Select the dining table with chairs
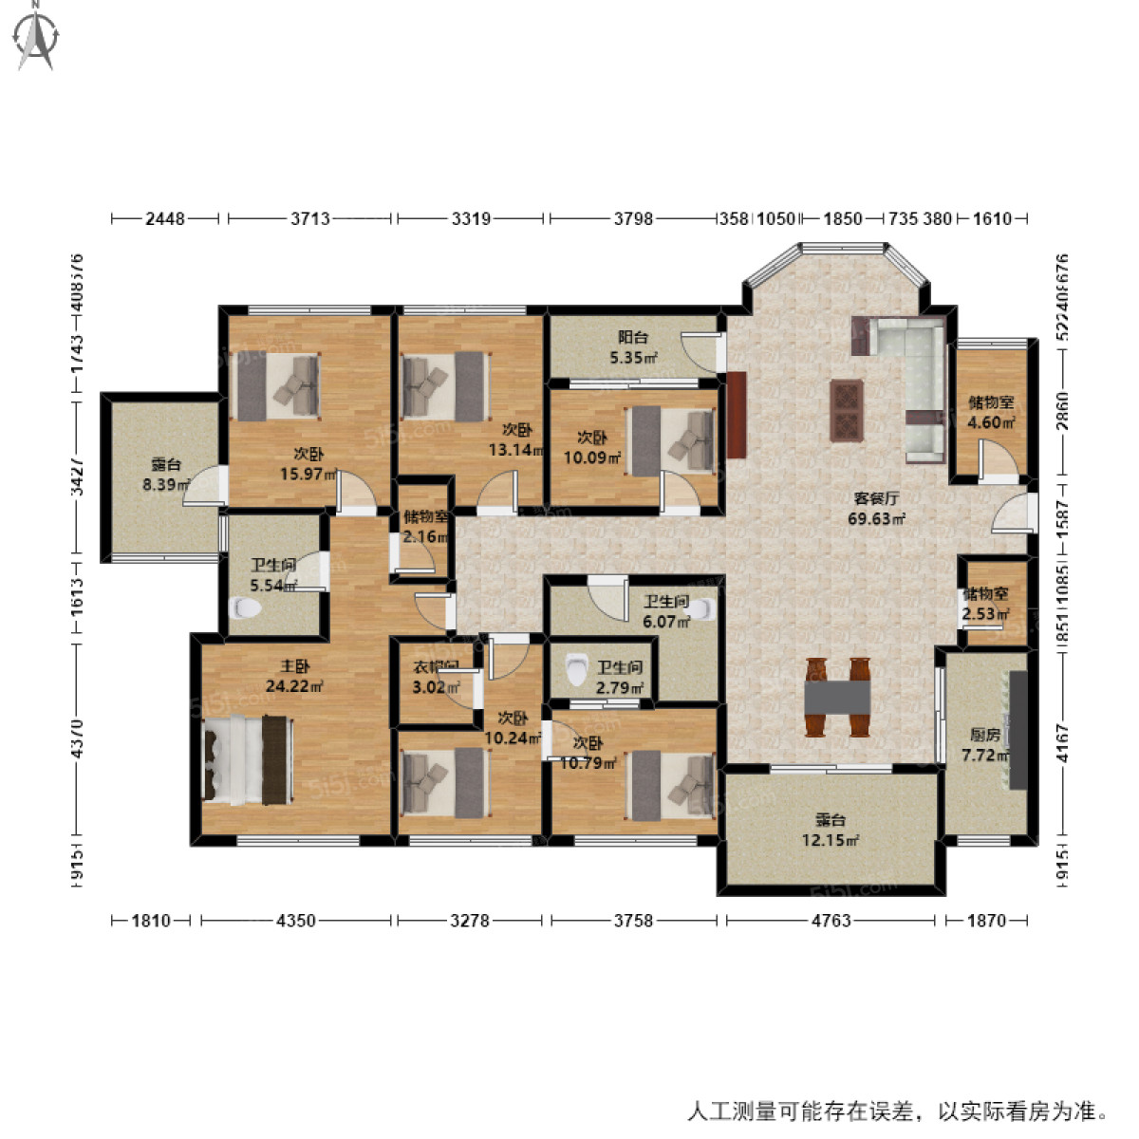(x=837, y=698)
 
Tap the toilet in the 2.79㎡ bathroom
(x=575, y=670)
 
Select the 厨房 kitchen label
(x=984, y=735)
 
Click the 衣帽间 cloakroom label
(x=436, y=666)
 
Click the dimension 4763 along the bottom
(x=831, y=920)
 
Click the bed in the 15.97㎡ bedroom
(x=277, y=386)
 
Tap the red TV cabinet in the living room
(x=737, y=415)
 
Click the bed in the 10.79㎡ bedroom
(x=671, y=785)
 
